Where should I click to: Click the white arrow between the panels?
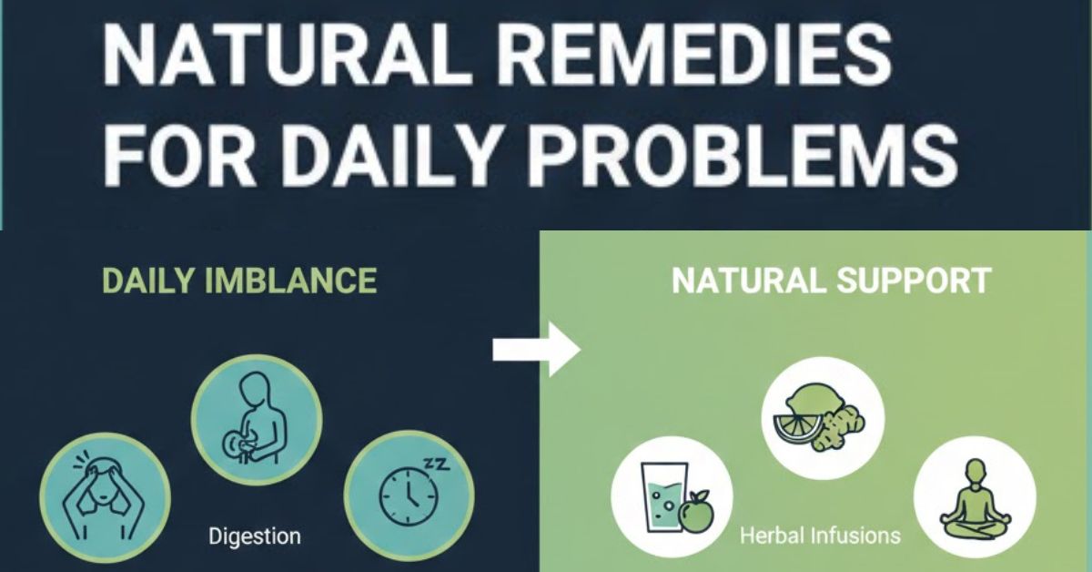click(x=536, y=348)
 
